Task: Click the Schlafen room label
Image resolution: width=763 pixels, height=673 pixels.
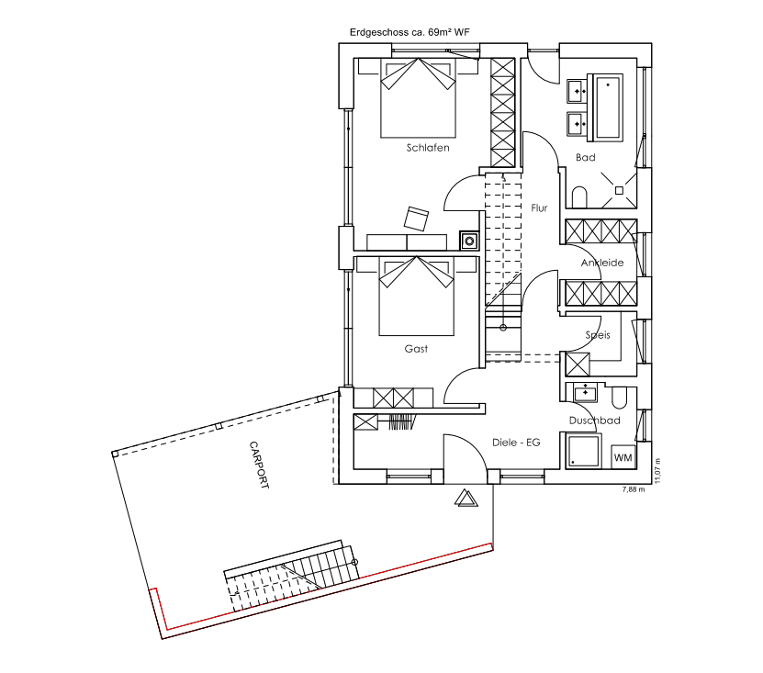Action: [x=428, y=148]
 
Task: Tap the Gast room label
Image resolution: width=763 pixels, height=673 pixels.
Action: [x=416, y=348]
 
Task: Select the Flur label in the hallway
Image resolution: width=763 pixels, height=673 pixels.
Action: [x=539, y=208]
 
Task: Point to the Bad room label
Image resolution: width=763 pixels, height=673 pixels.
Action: [x=586, y=157]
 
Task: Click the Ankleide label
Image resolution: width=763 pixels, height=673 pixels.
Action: [x=602, y=263]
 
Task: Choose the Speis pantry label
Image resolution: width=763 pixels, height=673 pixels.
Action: [x=598, y=335]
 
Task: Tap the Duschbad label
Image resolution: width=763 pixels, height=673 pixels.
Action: [x=595, y=421]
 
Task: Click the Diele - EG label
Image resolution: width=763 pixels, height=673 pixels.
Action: [x=516, y=443]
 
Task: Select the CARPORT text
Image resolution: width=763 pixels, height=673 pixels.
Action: [x=259, y=465]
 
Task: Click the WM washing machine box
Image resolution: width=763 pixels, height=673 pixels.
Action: [x=623, y=457]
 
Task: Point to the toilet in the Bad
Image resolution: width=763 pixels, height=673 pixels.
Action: [x=579, y=197]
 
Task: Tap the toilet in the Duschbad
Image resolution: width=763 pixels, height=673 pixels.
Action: [x=619, y=398]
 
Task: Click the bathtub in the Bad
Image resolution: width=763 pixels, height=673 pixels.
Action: [x=605, y=107]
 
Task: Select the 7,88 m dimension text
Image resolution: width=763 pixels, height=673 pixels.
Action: [x=634, y=489]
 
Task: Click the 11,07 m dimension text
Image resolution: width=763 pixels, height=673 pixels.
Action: [x=657, y=471]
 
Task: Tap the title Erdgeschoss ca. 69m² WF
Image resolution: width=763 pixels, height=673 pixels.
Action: [x=410, y=32]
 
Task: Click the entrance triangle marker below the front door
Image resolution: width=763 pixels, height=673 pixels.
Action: [x=466, y=498]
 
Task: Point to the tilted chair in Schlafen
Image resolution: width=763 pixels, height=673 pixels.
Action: [x=417, y=219]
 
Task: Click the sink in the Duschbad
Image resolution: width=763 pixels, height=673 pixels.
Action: [x=586, y=392]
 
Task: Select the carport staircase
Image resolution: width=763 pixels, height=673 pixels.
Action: [x=291, y=575]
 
